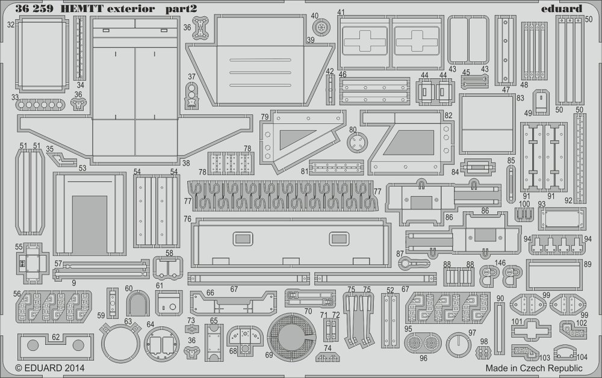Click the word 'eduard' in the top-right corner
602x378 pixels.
point(563,8)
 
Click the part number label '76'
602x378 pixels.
point(187,218)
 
